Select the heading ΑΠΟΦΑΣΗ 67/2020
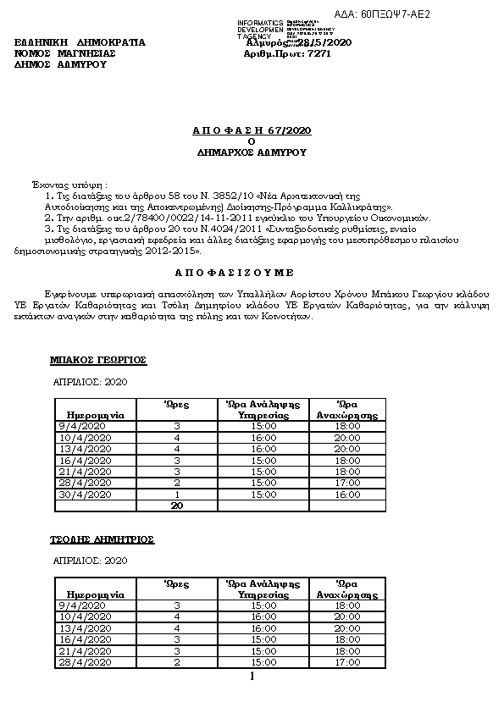[252, 131]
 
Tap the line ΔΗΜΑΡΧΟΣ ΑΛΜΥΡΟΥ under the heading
[252, 153]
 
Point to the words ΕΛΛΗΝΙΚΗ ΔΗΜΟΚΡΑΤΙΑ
[80, 41]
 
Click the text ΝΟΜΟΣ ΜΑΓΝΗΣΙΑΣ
[65, 53]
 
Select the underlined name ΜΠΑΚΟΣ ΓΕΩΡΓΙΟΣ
[98, 360]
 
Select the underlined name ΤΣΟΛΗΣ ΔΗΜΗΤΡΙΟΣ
[102, 539]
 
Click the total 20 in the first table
[177, 506]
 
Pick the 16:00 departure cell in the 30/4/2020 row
[347, 495]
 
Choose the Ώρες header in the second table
[176, 584]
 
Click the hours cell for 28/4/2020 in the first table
[177, 483]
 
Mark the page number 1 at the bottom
[252, 675]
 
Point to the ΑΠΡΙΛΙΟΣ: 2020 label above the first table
[90, 383]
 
